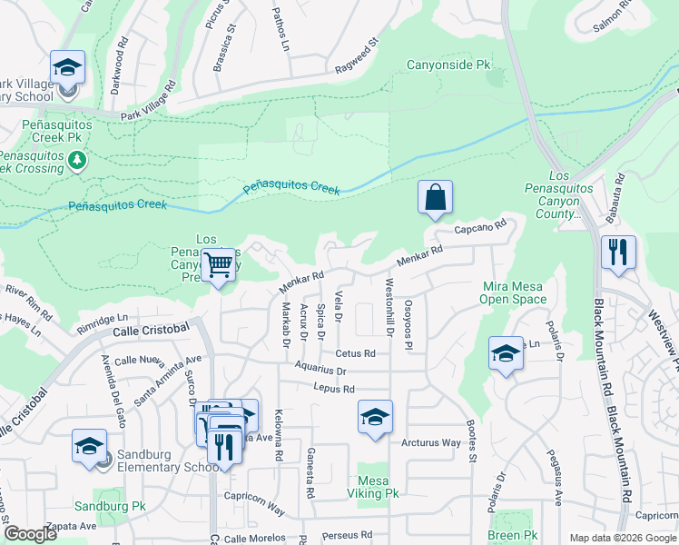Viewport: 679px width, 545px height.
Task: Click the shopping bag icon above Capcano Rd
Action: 435,197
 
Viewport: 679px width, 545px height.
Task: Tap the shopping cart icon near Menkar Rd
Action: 218,266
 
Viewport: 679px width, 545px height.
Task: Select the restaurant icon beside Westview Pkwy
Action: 618,252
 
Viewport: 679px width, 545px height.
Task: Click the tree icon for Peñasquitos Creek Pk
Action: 77,161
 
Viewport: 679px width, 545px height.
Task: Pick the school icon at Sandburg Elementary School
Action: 89,447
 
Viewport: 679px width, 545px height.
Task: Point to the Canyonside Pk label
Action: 448,65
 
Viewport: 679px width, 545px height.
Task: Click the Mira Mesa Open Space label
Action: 514,292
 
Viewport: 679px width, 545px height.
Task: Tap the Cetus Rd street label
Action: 355,353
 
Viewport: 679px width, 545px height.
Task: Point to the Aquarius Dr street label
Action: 320,371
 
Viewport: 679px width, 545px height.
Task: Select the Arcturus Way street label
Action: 431,443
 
